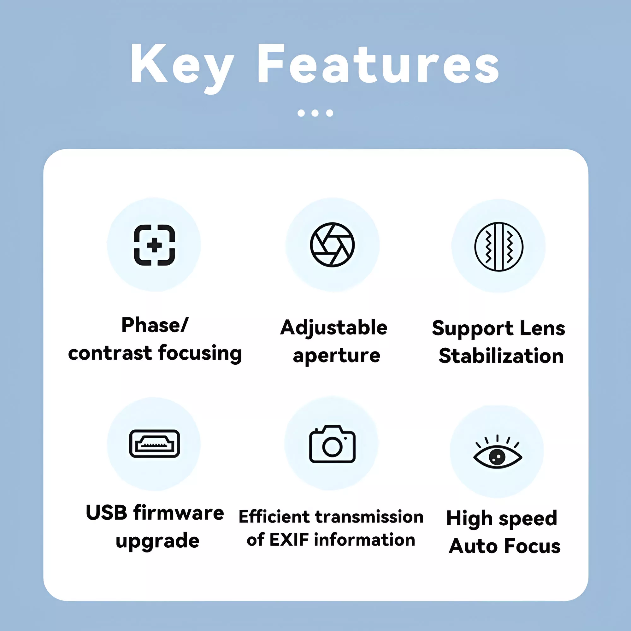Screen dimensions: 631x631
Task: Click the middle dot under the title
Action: click(x=315, y=113)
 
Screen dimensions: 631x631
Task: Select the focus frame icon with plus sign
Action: click(x=154, y=245)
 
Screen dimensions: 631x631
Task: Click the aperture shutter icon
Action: click(x=333, y=245)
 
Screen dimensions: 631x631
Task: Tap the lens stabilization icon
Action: click(x=499, y=247)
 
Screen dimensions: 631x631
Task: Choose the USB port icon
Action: click(x=155, y=444)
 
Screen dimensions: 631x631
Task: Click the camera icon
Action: click(x=332, y=444)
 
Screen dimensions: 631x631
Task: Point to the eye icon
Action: click(x=498, y=452)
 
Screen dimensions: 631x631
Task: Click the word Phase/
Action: click(x=155, y=325)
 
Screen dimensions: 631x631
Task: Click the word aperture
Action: click(x=336, y=356)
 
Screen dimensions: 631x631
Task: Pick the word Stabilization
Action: click(x=501, y=355)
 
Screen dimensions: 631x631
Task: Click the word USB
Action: click(x=106, y=512)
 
